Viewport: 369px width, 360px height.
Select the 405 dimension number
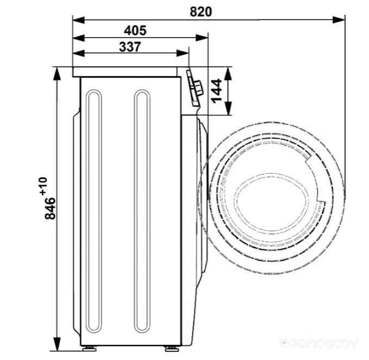pos(134,29)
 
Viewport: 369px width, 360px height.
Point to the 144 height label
pos(216,91)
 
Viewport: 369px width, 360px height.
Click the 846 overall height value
pos(50,208)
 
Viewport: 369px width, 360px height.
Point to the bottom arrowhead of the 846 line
pos(57,344)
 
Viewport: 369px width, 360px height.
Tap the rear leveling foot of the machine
pos(87,347)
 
